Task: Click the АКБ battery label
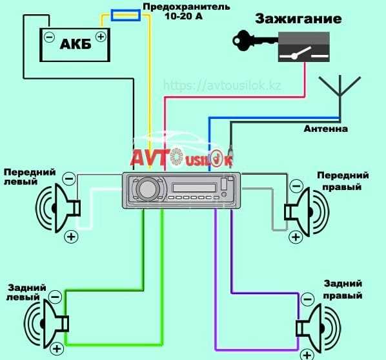76,45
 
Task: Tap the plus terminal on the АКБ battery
101,37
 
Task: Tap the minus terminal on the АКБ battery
49,37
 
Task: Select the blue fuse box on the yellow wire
126,16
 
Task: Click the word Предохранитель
187,6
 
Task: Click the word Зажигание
298,19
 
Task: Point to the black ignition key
255,41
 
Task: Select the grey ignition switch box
304,47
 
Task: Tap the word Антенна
326,129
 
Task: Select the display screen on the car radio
194,188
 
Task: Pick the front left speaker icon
58,208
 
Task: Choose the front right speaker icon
307,212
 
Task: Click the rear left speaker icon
46,323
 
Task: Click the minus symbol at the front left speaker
69,178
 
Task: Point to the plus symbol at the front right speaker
296,237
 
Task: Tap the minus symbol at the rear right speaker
307,299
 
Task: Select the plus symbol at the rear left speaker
57,349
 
